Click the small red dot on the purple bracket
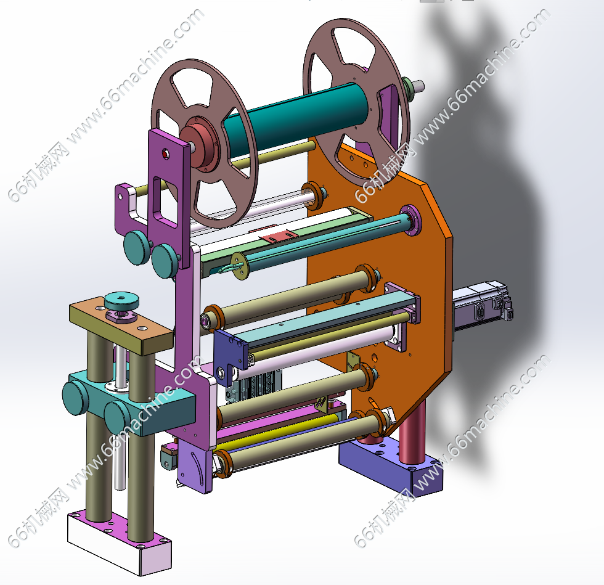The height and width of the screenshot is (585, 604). pos(166,155)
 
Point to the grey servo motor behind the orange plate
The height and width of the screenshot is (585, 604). pos(482,308)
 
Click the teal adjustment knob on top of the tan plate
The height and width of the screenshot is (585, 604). pos(121,300)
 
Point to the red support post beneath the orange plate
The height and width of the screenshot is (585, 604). pos(412,432)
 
